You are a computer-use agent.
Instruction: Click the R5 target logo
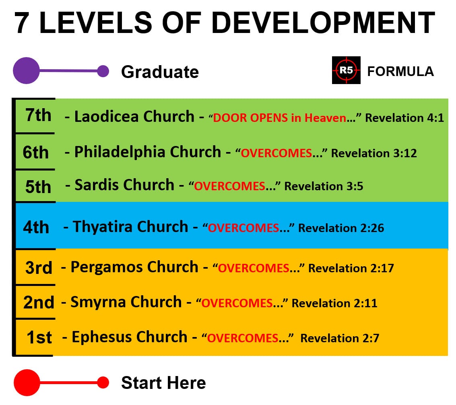click(346, 70)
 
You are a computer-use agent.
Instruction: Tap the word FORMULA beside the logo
click(400, 72)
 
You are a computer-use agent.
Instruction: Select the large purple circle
click(26, 71)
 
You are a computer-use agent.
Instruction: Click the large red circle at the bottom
click(27, 382)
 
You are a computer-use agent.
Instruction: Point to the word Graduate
click(160, 72)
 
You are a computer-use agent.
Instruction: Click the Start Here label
click(163, 382)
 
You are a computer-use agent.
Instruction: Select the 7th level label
click(38, 115)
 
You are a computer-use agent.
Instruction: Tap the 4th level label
click(36, 227)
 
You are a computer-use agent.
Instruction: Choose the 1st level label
click(39, 337)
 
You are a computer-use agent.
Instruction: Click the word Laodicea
click(106, 117)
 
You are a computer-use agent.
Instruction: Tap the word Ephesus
click(102, 337)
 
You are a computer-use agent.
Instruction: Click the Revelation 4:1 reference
click(404, 118)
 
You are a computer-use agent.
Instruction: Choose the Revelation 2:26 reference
click(341, 228)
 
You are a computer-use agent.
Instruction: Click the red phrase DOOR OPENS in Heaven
click(279, 118)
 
